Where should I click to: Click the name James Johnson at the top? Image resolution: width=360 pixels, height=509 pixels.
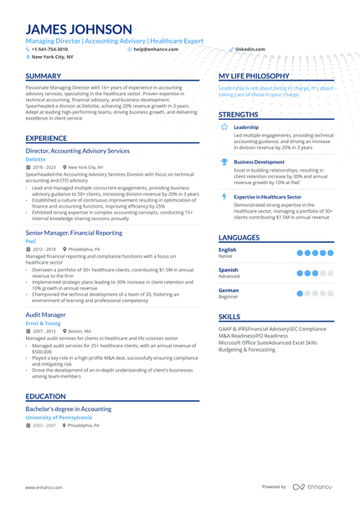(79, 29)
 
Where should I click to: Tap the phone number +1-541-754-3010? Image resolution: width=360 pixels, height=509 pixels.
(49, 49)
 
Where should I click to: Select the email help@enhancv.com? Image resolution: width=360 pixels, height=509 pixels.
(152, 49)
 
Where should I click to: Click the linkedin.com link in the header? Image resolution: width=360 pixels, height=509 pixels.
(250, 49)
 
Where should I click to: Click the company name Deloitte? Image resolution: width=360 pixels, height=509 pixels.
(36, 158)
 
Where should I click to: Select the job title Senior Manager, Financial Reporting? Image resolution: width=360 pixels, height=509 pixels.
(74, 233)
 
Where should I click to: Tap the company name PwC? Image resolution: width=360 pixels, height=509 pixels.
(31, 240)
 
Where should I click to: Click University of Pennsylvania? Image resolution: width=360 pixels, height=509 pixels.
(59, 417)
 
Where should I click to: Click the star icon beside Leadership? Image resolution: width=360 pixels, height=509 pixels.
(224, 127)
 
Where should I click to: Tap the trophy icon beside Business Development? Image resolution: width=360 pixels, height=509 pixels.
(224, 162)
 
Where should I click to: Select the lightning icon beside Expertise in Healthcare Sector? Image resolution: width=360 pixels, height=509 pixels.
(224, 197)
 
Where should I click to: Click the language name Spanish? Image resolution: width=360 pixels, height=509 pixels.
(229, 270)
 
